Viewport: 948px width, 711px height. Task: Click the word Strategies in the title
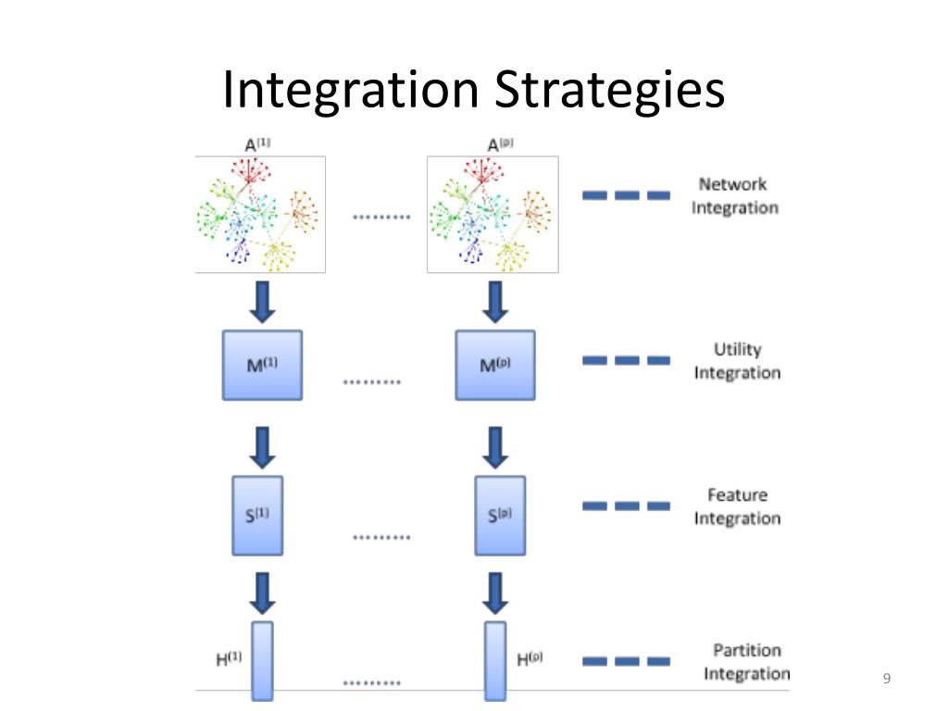609,91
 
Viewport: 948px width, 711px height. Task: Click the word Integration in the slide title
351,89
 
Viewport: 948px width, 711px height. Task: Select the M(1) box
262,365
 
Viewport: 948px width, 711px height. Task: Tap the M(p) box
495,365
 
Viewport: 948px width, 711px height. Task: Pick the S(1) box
257,516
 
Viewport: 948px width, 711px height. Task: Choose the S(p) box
500,516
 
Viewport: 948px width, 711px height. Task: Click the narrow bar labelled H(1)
262,661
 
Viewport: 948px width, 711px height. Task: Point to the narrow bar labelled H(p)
495,661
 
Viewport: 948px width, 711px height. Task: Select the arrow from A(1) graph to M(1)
262,302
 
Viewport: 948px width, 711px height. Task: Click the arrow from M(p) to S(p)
495,448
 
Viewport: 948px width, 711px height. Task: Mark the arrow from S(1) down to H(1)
262,593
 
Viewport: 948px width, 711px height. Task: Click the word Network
733,184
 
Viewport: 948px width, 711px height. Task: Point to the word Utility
738,350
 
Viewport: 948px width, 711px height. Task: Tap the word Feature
738,495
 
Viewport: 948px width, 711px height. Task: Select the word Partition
747,651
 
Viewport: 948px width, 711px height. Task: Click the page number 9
887,679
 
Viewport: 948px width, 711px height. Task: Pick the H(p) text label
530,659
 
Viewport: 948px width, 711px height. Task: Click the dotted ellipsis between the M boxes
372,382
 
